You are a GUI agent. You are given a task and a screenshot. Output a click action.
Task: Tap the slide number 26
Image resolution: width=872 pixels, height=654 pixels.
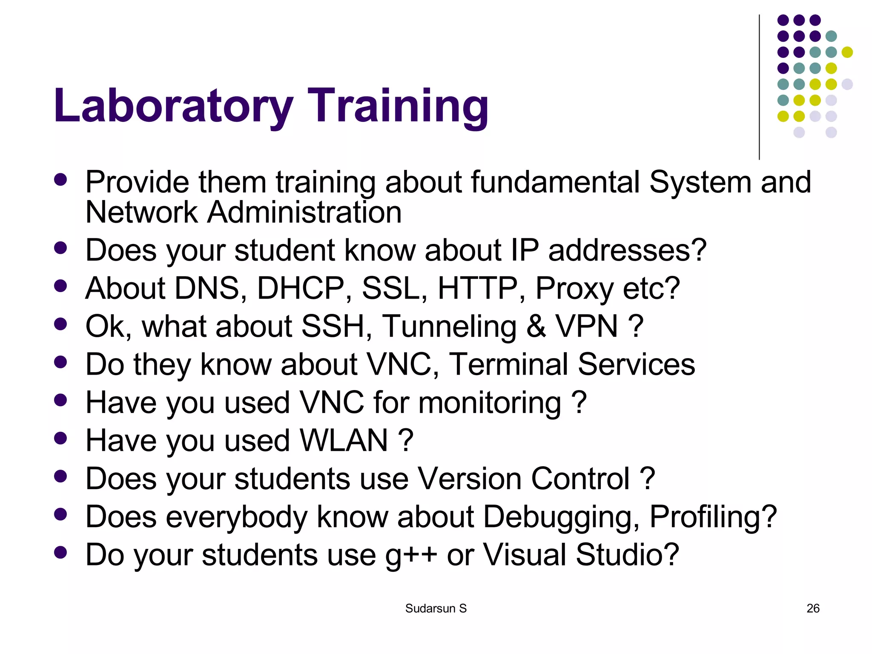coord(813,608)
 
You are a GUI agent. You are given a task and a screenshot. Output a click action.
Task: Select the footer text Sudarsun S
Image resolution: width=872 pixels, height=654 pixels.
coord(436,608)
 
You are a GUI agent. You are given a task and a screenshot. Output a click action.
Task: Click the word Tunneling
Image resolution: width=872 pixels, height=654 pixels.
coord(449,327)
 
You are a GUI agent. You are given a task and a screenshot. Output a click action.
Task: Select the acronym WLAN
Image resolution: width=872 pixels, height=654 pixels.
coord(344,440)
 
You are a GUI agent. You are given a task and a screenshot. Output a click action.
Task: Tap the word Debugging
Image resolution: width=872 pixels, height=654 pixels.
coord(561,517)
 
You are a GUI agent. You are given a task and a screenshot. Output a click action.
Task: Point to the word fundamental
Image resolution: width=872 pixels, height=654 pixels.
coord(555,182)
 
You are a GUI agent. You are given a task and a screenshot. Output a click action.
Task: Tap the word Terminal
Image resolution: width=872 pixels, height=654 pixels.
coord(508,364)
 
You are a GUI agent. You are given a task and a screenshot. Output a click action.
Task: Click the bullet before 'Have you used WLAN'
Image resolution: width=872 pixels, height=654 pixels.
coord(61,438)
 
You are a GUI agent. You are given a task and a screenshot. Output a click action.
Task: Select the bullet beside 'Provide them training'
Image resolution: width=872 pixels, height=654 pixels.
coord(61,179)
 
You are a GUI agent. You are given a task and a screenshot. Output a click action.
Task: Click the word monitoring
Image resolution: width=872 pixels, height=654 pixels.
coord(490,403)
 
